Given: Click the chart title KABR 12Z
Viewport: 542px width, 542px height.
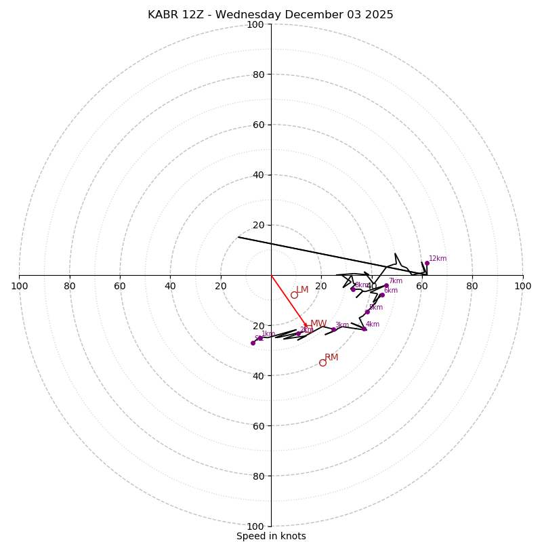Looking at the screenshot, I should tap(270, 15).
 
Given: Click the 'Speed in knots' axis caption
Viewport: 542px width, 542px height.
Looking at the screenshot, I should tap(271, 536).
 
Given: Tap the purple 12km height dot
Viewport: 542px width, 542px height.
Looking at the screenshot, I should tap(427, 264).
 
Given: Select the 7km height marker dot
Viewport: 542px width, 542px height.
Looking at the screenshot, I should tap(386, 286).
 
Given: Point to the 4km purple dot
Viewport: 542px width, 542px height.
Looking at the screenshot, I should tap(364, 329).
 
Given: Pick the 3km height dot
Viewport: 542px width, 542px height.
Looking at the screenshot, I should tap(333, 329).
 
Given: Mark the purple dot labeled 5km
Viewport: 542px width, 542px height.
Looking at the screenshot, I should tap(367, 312).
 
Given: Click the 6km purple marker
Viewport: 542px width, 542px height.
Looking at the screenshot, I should tap(382, 295).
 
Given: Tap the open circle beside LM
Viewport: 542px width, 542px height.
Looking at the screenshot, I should tap(294, 295).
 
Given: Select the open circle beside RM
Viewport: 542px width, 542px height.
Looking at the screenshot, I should tap(322, 362).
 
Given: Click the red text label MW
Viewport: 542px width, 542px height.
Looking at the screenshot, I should tap(318, 324).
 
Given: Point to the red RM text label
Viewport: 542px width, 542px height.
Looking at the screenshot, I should tap(331, 358).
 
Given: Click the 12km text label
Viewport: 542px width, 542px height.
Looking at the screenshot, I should tap(438, 258).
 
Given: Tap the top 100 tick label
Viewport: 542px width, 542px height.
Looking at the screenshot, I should tap(255, 24).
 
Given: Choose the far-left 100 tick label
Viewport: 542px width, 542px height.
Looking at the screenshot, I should tap(19, 286).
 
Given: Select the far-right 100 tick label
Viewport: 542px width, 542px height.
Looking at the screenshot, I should tap(522, 286).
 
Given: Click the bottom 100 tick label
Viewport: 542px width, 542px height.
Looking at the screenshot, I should tap(255, 526).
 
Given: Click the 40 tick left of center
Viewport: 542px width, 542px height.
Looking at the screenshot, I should tap(170, 286).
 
